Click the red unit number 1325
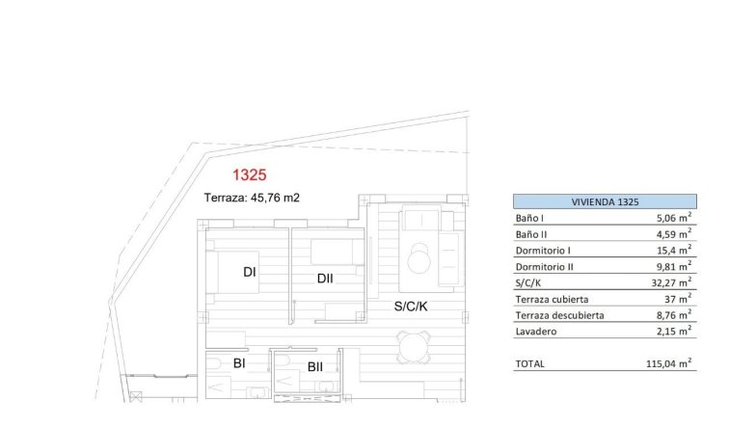(250, 175)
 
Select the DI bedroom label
(249, 273)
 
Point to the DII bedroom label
(325, 279)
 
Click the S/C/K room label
(412, 307)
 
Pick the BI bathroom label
(238, 363)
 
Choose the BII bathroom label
(315, 366)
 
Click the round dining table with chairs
(416, 345)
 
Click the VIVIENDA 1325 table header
(605, 201)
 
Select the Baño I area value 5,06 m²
(672, 218)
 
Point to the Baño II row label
(534, 233)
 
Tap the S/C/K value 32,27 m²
(670, 282)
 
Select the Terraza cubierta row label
(552, 299)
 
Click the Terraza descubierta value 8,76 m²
(672, 315)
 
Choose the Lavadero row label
(536, 332)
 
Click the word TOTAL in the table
(530, 363)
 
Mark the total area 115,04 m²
(668, 363)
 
